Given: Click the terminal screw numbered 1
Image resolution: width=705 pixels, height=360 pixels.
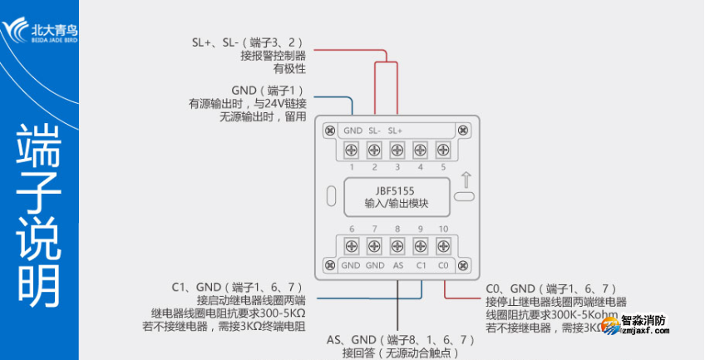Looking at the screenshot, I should click(352, 150).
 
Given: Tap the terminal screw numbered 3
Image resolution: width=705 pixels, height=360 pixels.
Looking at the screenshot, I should click(397, 150).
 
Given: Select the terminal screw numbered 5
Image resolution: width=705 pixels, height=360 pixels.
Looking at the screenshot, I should click(443, 150).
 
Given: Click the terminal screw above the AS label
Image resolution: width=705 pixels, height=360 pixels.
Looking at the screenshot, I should click(397, 246).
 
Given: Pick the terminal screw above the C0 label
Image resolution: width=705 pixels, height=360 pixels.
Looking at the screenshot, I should click(443, 246).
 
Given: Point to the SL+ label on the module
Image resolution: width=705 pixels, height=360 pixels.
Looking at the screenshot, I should click(396, 131).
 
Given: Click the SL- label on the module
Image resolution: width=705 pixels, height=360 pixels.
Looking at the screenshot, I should click(374, 131).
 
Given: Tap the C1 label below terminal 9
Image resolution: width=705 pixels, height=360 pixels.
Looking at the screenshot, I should click(421, 265).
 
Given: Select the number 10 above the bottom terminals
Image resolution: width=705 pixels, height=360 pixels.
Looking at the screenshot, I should click(443, 229).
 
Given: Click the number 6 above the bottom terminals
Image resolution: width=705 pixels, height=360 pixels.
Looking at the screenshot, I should click(352, 229).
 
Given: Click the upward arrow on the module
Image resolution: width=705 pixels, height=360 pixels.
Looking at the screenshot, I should click(466, 179).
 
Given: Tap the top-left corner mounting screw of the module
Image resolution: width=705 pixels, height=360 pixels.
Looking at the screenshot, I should click(330, 131).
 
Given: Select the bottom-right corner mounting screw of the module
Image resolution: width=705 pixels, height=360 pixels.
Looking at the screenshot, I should click(465, 265).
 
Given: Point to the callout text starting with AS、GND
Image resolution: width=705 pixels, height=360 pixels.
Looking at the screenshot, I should click(400, 340).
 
